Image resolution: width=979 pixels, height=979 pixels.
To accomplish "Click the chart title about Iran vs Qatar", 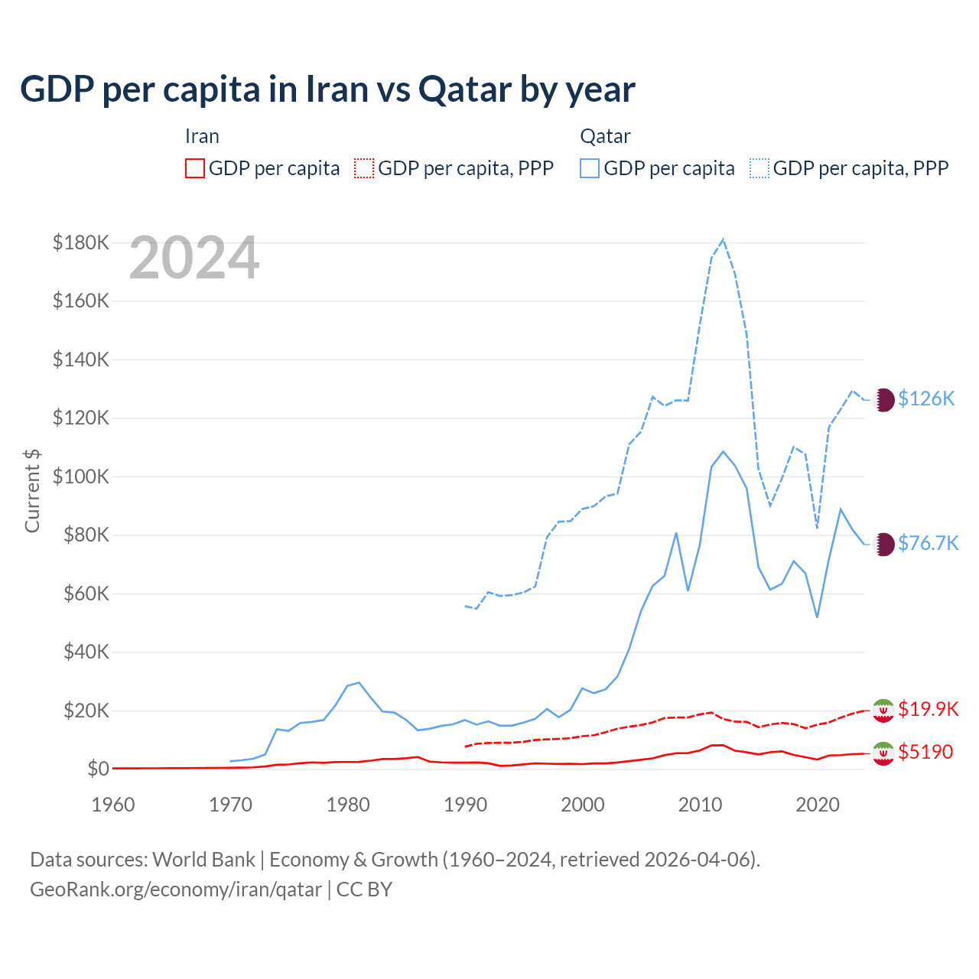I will click(x=327, y=89).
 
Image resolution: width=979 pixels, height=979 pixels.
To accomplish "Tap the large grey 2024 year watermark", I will click(x=194, y=258).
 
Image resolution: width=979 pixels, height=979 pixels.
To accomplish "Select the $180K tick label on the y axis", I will click(x=81, y=242).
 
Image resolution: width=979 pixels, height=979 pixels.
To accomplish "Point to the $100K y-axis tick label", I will click(x=81, y=476).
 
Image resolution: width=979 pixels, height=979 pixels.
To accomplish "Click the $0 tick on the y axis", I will click(x=98, y=769).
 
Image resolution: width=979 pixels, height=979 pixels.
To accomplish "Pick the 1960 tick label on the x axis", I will click(x=113, y=805).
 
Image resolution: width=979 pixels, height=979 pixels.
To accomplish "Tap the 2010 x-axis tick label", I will click(x=700, y=805).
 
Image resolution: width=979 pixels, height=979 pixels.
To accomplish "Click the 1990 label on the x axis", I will click(x=465, y=805).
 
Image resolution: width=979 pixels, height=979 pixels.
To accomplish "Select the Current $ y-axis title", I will click(x=32, y=490).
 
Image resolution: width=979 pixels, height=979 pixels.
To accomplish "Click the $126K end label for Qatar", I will click(x=926, y=398).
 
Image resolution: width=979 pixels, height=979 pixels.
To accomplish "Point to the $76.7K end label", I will click(x=928, y=543).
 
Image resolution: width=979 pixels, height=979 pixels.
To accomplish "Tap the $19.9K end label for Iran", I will click(x=928, y=709).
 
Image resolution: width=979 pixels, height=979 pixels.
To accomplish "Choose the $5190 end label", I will click(x=925, y=752).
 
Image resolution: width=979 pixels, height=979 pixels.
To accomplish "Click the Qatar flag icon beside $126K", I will click(x=883, y=399).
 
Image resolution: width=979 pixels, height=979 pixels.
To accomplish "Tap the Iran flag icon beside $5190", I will click(x=883, y=753).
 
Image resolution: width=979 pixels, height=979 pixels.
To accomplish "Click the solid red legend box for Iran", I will click(x=195, y=168).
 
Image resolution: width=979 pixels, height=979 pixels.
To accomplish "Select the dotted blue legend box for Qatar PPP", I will click(x=759, y=168).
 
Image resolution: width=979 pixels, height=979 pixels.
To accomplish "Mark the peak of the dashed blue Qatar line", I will click(x=723, y=239).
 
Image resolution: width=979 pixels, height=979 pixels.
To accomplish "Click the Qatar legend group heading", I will click(x=605, y=136).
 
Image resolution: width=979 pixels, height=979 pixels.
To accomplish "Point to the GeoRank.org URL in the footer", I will click(x=176, y=890).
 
